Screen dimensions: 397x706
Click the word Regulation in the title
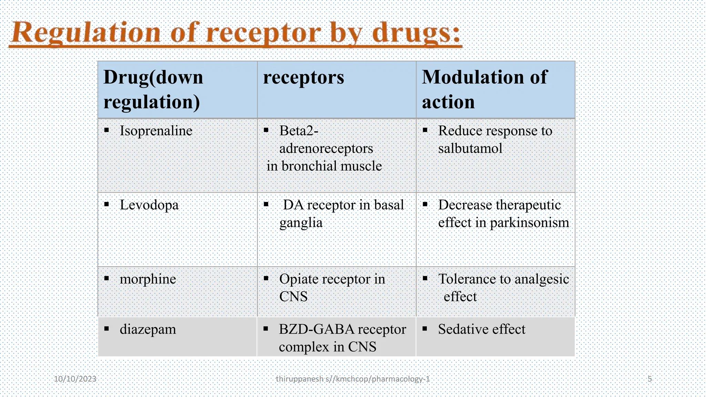click(x=86, y=33)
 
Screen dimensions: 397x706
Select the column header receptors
click(x=303, y=77)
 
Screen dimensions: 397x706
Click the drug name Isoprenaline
click(x=156, y=131)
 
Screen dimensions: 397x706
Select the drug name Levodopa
click(x=149, y=205)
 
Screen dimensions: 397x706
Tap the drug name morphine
click(x=148, y=279)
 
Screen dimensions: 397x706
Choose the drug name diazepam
click(x=148, y=329)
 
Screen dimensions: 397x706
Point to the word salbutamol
click(x=470, y=149)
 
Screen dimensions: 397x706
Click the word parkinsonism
click(x=529, y=223)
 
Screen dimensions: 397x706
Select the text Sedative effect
click(x=482, y=329)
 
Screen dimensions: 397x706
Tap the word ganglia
click(x=301, y=223)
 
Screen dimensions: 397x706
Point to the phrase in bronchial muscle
click(x=324, y=166)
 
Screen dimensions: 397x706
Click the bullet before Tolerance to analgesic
click(x=425, y=278)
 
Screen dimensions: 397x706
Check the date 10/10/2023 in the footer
click(x=75, y=379)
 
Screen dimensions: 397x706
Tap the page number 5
click(x=649, y=379)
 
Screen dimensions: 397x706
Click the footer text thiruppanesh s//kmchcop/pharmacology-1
click(x=353, y=379)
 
